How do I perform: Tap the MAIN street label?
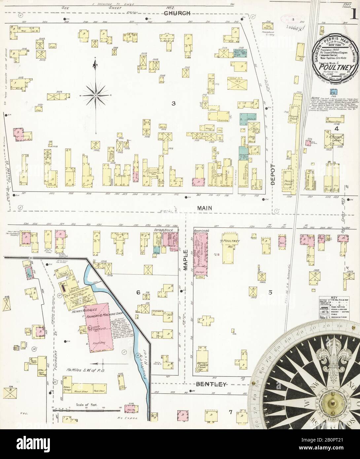coord(205,208)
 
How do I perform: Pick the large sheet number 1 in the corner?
coord(353,14)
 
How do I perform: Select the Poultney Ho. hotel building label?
coord(228,241)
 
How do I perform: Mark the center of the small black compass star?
coord(95,95)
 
